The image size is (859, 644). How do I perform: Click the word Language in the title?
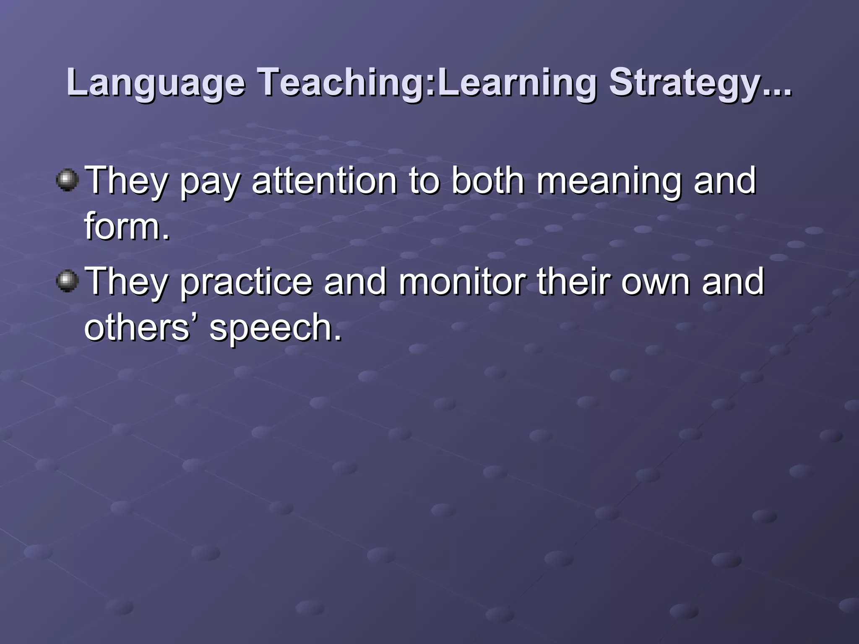click(155, 83)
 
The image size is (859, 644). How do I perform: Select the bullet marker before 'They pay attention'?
click(67, 180)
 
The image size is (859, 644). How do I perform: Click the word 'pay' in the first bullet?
click(210, 182)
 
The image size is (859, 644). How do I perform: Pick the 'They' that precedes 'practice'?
click(126, 282)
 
